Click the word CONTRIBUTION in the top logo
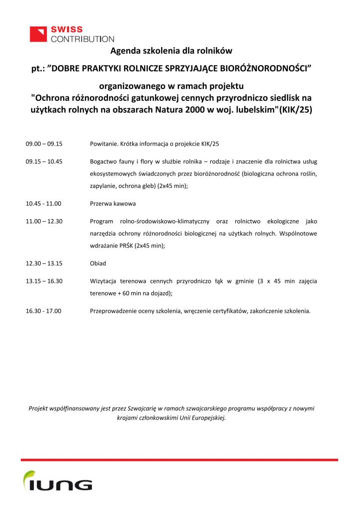tap(82, 38)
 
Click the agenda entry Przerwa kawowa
tap(113, 204)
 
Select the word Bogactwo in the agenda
tap(104, 162)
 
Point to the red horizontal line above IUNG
tap(180, 460)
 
